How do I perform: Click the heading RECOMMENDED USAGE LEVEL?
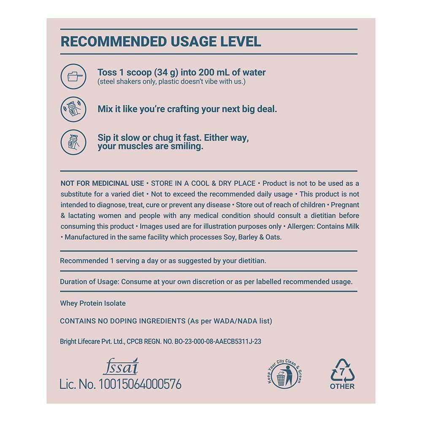pyautogui.click(x=161, y=41)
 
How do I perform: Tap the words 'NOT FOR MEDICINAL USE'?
pyautogui.click(x=102, y=183)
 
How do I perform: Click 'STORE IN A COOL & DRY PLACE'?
pyautogui.click(x=203, y=183)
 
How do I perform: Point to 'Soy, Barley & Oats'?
pyautogui.click(x=252, y=237)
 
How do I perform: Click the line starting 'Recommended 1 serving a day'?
pyautogui.click(x=163, y=261)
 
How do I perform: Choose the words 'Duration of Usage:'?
pyautogui.click(x=89, y=281)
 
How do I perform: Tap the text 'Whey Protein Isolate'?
pyautogui.click(x=93, y=303)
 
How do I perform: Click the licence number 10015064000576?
pyautogui.click(x=140, y=384)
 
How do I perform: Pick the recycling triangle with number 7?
pyautogui.click(x=342, y=371)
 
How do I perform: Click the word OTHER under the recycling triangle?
pyautogui.click(x=342, y=386)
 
